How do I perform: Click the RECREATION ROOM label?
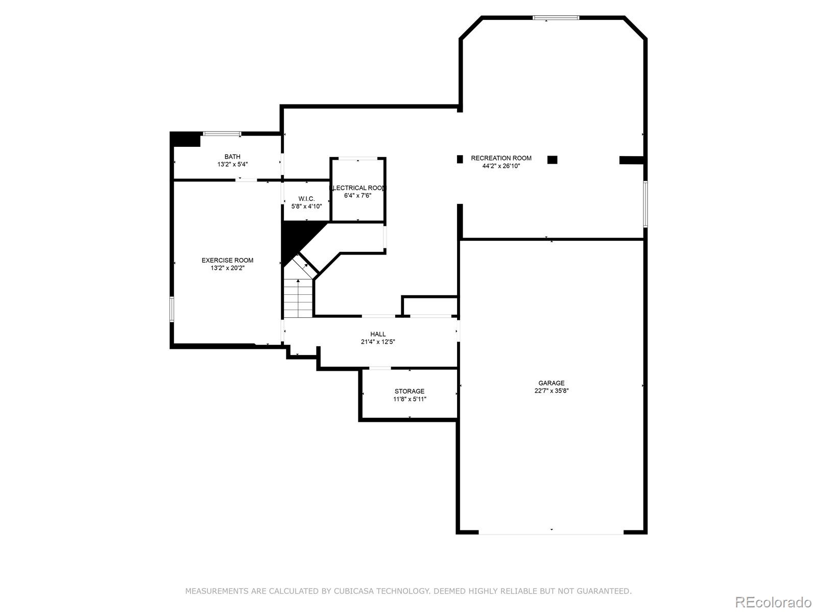(x=501, y=158)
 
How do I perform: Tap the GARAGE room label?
(x=551, y=383)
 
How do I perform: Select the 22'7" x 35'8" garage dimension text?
(x=551, y=391)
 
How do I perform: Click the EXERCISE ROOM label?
(x=227, y=260)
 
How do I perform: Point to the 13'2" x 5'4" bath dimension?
(x=232, y=165)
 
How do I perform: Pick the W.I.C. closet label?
(x=306, y=198)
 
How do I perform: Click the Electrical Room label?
(x=358, y=188)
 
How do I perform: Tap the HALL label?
(x=378, y=334)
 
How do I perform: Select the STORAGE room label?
(x=409, y=391)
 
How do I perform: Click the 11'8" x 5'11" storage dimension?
(x=410, y=399)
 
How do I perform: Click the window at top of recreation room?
(x=556, y=18)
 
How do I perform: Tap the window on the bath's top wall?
(x=222, y=134)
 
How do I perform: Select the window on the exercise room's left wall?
(x=172, y=309)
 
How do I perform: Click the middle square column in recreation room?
(x=552, y=160)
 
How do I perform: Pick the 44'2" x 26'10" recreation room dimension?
(x=501, y=166)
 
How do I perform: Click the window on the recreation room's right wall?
(x=645, y=204)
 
